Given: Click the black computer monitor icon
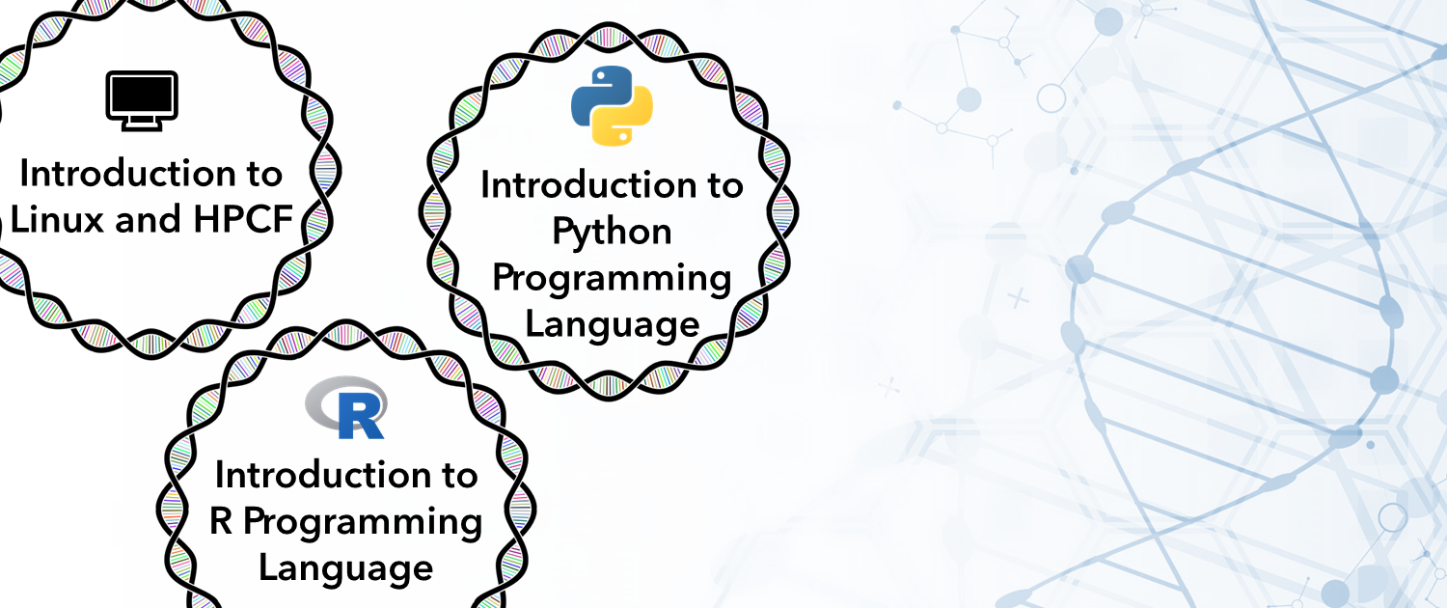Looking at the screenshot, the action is click(x=142, y=100).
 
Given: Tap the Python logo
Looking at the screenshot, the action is click(x=612, y=105).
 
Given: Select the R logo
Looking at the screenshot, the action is click(x=346, y=407).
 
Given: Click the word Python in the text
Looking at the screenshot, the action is click(x=612, y=232).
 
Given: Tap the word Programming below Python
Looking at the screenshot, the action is click(x=612, y=279).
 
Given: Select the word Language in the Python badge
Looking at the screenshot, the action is click(x=612, y=325).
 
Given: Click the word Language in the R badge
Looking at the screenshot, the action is click(x=345, y=569).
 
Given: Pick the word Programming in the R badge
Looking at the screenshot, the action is click(x=363, y=523).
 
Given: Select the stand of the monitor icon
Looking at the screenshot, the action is click(x=142, y=125).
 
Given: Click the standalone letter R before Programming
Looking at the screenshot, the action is click(x=221, y=521).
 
